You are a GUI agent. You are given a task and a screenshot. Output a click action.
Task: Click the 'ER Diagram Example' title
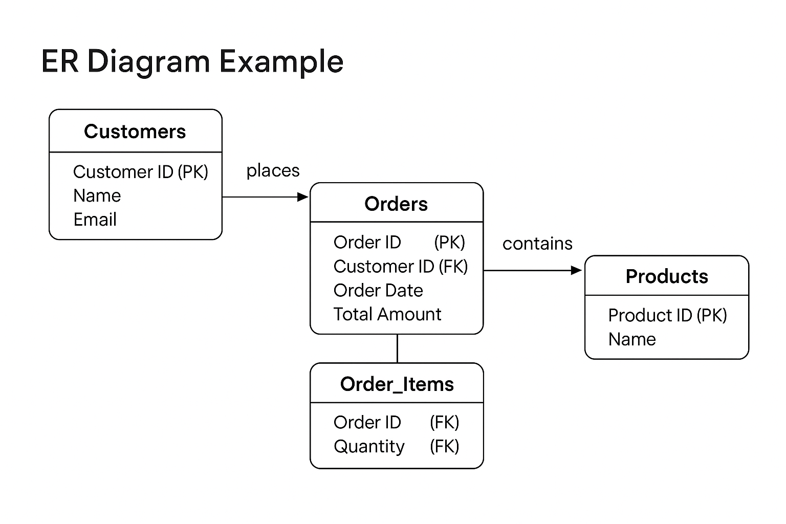(192, 62)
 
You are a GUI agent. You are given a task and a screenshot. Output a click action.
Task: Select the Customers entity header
(135, 132)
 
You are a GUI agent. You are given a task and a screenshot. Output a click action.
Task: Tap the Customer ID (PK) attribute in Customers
(141, 171)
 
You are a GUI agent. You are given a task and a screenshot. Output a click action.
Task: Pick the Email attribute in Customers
(95, 220)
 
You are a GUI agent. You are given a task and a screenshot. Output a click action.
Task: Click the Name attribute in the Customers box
(97, 195)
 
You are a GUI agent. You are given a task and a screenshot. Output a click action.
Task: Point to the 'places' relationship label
(273, 171)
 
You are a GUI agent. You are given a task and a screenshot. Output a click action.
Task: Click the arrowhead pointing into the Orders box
(302, 197)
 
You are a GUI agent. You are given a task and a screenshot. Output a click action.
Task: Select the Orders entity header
(396, 204)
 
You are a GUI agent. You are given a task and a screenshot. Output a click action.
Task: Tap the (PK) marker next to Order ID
(449, 242)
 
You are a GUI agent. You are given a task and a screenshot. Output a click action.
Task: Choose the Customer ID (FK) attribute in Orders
(401, 267)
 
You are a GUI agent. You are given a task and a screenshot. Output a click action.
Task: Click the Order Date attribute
(378, 290)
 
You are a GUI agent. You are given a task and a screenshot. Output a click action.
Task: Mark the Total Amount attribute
(387, 314)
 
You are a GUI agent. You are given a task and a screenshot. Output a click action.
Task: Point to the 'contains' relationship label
(538, 244)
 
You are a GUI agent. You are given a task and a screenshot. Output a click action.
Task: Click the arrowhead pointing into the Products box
(576, 270)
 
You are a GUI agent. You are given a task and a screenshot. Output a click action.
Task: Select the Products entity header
(667, 276)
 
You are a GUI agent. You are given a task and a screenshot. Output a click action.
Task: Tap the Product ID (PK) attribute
(668, 315)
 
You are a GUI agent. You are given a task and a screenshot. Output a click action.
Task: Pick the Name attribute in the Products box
(632, 339)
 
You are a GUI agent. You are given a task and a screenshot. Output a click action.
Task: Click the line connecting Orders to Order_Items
(397, 348)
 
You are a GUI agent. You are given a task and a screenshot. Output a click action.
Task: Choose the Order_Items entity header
(397, 384)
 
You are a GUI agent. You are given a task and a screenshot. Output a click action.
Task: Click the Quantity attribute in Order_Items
(369, 447)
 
